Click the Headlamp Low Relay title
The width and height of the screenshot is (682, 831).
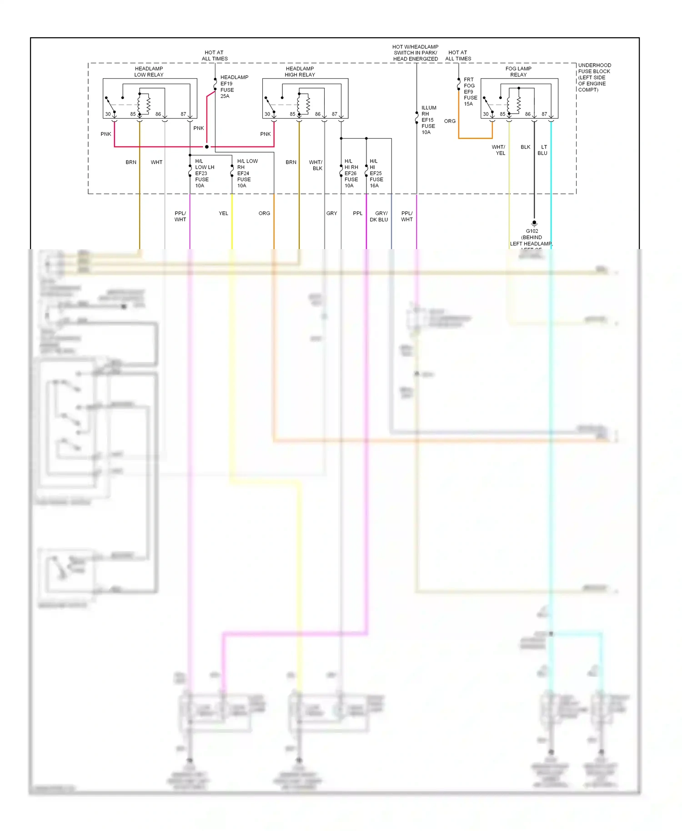(x=149, y=72)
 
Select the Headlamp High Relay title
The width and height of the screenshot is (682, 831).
(x=300, y=72)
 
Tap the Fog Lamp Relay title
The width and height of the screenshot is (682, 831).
(x=518, y=72)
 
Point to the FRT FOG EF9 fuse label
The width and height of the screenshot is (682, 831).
(x=470, y=91)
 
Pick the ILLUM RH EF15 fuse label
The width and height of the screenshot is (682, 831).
(x=428, y=120)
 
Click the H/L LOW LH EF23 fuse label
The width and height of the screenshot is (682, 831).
(x=204, y=173)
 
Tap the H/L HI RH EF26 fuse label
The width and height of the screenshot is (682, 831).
(x=351, y=173)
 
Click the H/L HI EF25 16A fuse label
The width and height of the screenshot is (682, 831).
(x=376, y=173)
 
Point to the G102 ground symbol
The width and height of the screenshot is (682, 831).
(x=534, y=224)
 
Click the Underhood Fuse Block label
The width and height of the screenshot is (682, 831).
(x=594, y=77)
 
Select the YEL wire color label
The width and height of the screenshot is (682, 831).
(x=223, y=213)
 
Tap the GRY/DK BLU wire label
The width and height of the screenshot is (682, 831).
(x=379, y=216)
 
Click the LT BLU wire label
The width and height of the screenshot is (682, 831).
(x=543, y=150)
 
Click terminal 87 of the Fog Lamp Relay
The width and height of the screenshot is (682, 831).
(x=544, y=114)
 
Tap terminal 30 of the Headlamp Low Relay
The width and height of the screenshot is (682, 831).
(x=108, y=114)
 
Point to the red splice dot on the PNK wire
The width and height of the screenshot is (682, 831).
(x=206, y=147)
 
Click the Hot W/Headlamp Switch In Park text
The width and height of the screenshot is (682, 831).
(x=416, y=53)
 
